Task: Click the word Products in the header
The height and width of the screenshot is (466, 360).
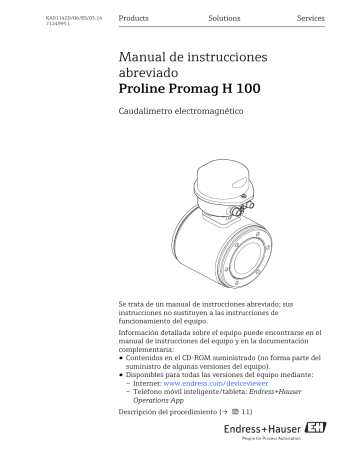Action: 134,19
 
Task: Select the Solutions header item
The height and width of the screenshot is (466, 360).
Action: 223,19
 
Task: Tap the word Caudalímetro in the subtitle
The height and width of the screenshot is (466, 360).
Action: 149,118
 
